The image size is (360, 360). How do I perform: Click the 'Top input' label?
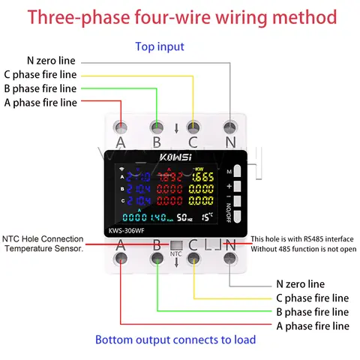(159, 46)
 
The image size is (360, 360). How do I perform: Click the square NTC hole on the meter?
(175, 244)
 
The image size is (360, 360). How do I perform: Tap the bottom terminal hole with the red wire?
(121, 259)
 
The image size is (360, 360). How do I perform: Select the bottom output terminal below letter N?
(230, 259)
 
